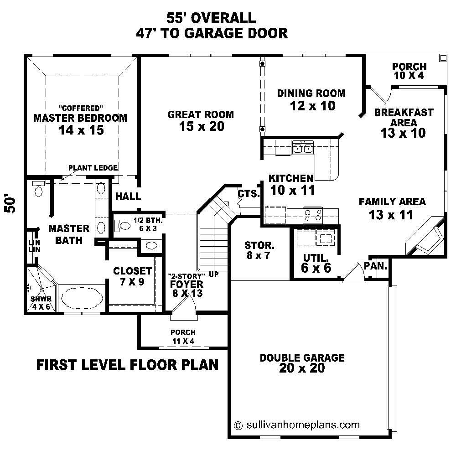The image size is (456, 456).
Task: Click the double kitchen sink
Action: tap(303, 148)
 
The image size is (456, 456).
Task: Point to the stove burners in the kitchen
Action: tap(313, 214)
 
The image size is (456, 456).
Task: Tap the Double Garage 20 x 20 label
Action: tap(302, 363)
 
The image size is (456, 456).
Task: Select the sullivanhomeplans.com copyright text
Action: tap(297, 425)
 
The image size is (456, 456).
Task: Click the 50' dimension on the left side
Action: tap(10, 205)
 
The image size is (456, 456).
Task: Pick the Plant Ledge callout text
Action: tap(93, 168)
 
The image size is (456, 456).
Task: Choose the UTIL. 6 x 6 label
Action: tap(316, 264)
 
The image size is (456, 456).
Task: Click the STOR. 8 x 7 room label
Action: tap(259, 250)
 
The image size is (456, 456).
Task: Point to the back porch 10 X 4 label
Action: tap(409, 71)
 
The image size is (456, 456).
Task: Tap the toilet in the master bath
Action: tap(38, 190)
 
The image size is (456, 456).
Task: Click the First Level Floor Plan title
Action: tap(127, 365)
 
